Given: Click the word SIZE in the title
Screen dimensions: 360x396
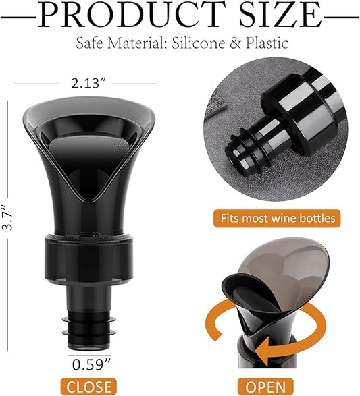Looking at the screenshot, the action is click(280, 14).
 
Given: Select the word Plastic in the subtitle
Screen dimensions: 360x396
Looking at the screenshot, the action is click(267, 43).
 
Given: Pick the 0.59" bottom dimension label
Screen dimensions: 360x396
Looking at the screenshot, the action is click(91, 365).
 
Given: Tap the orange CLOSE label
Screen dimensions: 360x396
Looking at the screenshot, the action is click(88, 387).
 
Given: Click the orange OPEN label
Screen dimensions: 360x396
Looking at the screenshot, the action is click(265, 387).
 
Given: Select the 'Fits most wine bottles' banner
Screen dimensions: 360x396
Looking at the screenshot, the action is click(277, 218).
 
